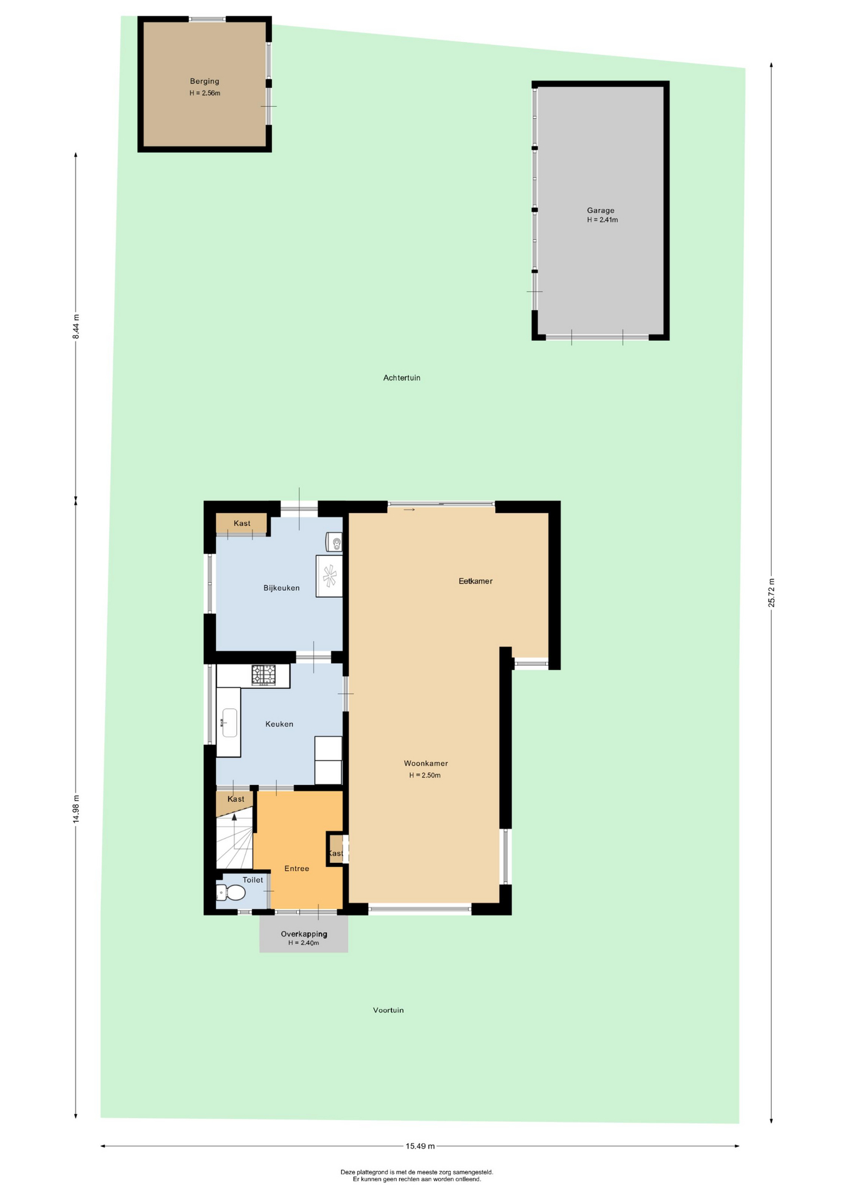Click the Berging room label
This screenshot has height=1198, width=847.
coord(205,81)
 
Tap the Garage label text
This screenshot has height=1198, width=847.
coord(600,210)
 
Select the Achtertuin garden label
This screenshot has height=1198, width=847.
coord(402,377)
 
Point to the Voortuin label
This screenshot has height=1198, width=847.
coord(388,1010)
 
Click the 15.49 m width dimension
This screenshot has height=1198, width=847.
coord(420,1146)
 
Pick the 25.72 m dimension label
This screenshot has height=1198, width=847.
coord(772,593)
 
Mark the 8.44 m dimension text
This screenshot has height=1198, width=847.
coord(76,326)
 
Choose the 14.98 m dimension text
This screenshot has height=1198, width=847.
coord(76,809)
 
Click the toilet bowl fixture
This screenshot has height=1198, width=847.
coord(231,892)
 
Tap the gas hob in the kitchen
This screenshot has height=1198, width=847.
coord(263,675)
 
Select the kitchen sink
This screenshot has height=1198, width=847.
coord(230,723)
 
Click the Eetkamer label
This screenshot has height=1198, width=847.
coord(475,581)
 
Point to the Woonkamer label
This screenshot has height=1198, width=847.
coord(425,763)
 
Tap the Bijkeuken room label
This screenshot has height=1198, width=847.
coord(281,588)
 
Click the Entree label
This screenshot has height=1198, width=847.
coord(296,869)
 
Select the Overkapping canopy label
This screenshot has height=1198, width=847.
coord(304,934)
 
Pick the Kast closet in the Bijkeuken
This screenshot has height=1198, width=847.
coord(241,523)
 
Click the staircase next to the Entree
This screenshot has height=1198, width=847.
coord(235,839)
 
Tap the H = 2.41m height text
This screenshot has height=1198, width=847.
coord(602,220)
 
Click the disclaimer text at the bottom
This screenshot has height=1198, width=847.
coord(417,1176)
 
